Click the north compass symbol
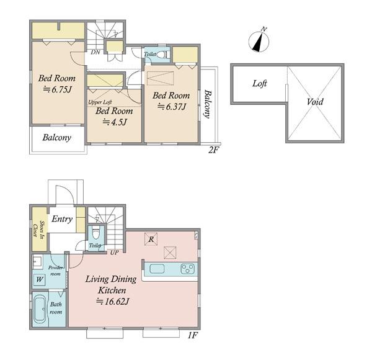[x=259, y=41]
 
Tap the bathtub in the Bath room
[x=40, y=309]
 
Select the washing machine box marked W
[x=40, y=279]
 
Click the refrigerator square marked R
[x=151, y=239]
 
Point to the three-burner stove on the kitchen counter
[x=188, y=269]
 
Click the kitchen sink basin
[x=157, y=269]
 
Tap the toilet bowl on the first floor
[x=96, y=233]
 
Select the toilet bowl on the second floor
[x=162, y=55]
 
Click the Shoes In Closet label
[x=39, y=229]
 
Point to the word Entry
[x=62, y=218]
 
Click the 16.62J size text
[x=113, y=302]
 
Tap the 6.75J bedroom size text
[x=57, y=89]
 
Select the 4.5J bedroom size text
[x=115, y=122]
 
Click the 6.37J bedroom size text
[x=172, y=107]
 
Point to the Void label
[x=315, y=102]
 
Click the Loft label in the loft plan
[x=260, y=83]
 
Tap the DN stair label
[x=95, y=52]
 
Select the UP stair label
[x=114, y=252]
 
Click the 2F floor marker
[x=213, y=150]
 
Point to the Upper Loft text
[x=100, y=102]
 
